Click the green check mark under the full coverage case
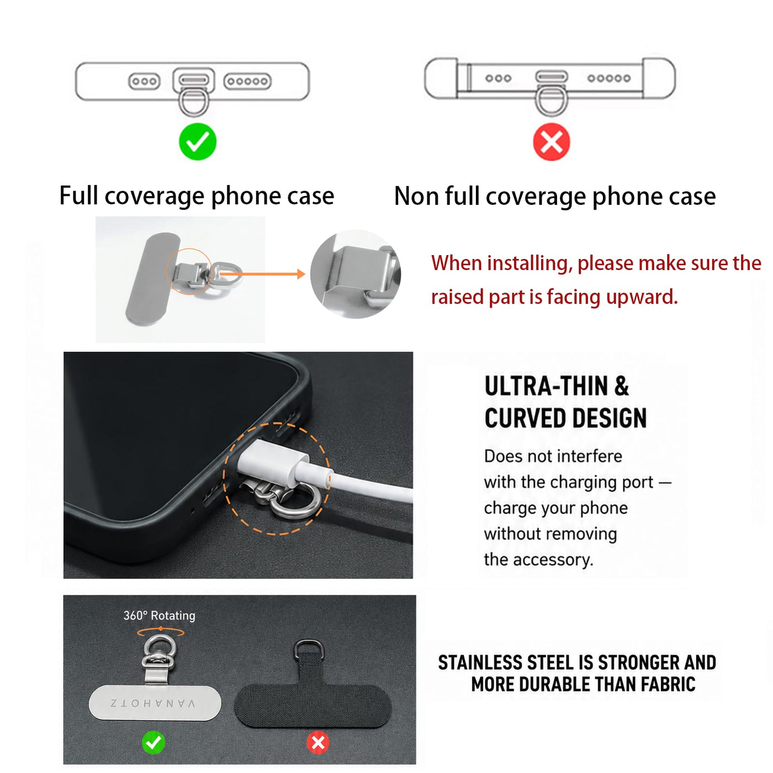pyautogui.click(x=197, y=141)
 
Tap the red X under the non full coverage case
pyautogui.click(x=551, y=142)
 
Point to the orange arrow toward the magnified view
pyautogui.click(x=262, y=274)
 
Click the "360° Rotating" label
pyautogui.click(x=159, y=615)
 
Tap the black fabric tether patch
pyautogui.click(x=313, y=695)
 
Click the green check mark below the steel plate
pyautogui.click(x=153, y=743)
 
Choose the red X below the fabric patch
pyautogui.click(x=318, y=743)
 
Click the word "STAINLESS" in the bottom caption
pyautogui.click(x=480, y=662)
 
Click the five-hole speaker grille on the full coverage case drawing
pyautogui.click(x=247, y=81)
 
